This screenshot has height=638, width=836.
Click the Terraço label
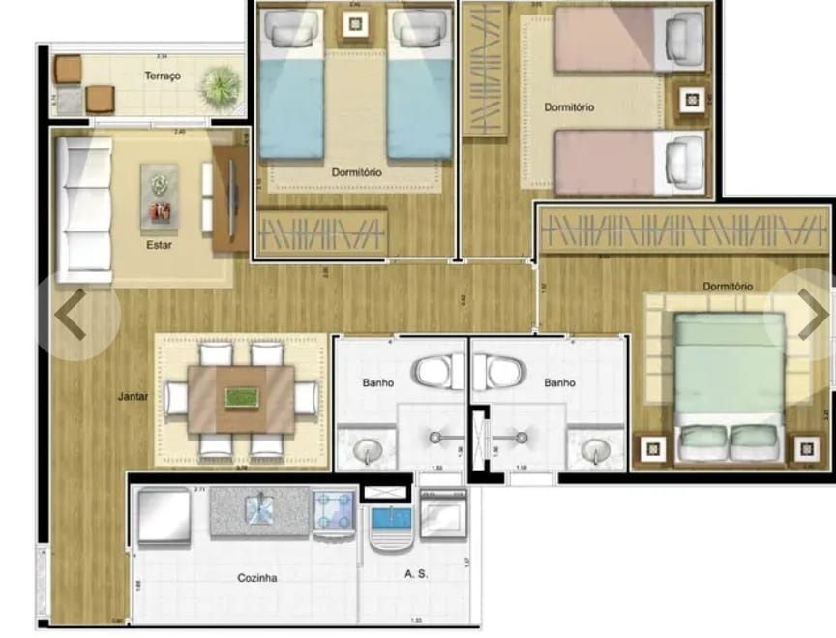point(163,76)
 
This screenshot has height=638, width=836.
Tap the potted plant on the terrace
point(219,88)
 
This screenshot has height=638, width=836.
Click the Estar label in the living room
point(159,245)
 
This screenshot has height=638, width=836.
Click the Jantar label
point(134,396)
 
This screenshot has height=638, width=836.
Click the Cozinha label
point(257,578)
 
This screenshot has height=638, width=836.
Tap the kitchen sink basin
point(259,509)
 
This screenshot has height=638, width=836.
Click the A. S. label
point(416,573)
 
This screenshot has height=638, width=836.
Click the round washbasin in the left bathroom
point(366,450)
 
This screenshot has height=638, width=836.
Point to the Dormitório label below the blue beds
point(356,172)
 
